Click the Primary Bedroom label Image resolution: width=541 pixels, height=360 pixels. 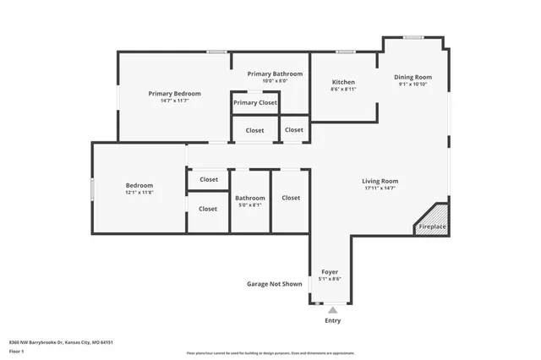(x=174, y=93)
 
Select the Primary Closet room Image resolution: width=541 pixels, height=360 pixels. (x=255, y=102)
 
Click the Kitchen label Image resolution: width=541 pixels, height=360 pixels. (x=343, y=82)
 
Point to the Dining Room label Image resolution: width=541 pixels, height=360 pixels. (x=413, y=78)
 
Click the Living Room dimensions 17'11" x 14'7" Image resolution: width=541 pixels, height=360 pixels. (x=380, y=188)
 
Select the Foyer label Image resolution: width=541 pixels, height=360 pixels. (x=330, y=271)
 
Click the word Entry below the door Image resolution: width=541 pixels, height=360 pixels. (x=333, y=321)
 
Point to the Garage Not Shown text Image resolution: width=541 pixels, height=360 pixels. (x=274, y=284)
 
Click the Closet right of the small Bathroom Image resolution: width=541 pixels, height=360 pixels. (x=291, y=198)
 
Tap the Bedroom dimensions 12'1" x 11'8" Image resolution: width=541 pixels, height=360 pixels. (x=139, y=193)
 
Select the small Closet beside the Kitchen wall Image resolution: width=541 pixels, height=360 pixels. (x=294, y=129)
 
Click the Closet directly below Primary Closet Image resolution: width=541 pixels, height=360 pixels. (x=254, y=130)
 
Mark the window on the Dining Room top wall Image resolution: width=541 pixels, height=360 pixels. (x=413, y=36)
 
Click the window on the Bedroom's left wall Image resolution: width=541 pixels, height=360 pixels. (x=92, y=189)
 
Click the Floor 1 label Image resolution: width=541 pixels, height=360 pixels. (x=15, y=351)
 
